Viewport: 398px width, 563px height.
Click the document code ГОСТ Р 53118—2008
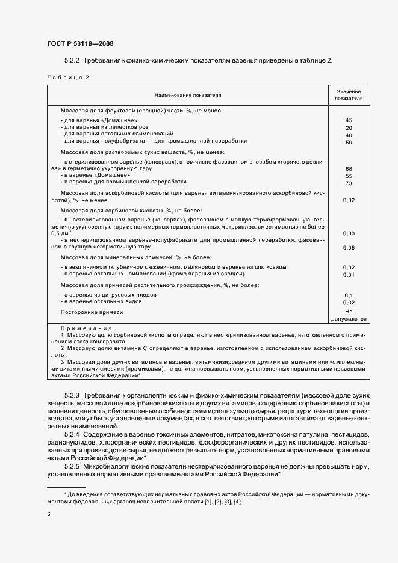coord(79,43)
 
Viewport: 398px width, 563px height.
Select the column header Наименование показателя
coord(188,95)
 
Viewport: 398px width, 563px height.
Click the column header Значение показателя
coord(349,95)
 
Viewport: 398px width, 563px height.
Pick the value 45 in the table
coord(349,120)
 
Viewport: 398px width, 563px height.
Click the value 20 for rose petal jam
coord(349,128)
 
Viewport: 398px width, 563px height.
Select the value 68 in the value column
coord(349,169)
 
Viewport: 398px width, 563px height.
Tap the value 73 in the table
coord(349,183)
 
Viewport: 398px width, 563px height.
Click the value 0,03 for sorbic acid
coord(349,233)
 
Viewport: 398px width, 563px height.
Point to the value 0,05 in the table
coord(349,247)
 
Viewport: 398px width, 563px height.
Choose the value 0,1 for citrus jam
coord(349,295)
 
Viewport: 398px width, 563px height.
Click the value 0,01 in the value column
coord(349,274)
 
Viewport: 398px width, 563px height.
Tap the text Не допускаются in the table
coord(349,316)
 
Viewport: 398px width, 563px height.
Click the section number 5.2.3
coord(72,394)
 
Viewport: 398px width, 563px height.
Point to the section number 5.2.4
coord(72,434)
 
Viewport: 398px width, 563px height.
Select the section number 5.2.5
coord(72,466)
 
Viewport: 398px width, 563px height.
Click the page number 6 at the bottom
coord(48,514)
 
